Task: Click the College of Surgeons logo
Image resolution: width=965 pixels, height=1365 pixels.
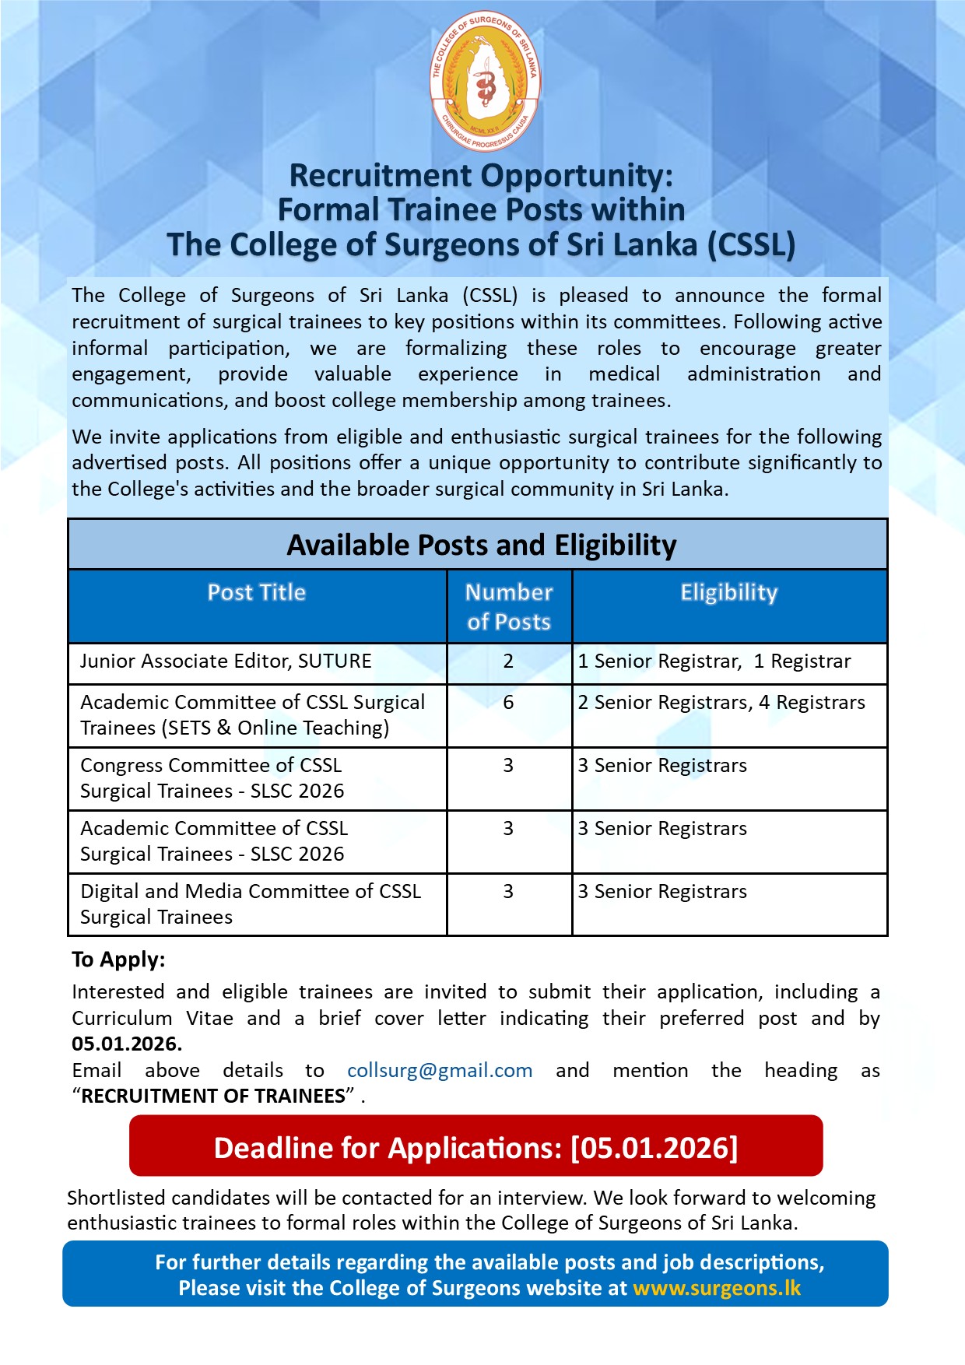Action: (x=485, y=81)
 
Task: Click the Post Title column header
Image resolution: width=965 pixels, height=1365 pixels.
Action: (x=257, y=593)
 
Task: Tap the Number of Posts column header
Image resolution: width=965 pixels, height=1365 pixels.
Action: (x=509, y=607)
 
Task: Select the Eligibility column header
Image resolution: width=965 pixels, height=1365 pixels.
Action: (x=729, y=593)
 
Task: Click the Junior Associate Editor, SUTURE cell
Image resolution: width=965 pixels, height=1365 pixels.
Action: (x=226, y=661)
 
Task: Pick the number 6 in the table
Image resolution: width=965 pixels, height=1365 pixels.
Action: (x=508, y=703)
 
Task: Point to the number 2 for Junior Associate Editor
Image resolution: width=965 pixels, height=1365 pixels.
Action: (x=508, y=661)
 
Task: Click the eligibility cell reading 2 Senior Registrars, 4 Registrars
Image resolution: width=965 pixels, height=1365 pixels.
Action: (x=721, y=703)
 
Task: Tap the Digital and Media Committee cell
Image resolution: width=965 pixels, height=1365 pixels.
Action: (x=251, y=904)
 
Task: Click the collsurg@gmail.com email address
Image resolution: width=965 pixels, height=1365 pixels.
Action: (x=440, y=1071)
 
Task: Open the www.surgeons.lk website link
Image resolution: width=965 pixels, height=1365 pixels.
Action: (x=717, y=1288)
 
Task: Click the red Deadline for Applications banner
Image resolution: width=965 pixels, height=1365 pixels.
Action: (x=475, y=1148)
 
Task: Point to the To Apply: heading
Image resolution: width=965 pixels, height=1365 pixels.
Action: (x=118, y=960)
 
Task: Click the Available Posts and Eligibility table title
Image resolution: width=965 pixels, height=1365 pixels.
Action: (x=482, y=546)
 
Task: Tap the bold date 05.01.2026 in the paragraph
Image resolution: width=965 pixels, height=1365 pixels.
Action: (x=127, y=1044)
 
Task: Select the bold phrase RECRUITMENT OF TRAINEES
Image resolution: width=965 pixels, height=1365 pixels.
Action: (x=213, y=1097)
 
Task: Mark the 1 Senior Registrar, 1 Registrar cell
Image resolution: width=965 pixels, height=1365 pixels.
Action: (x=714, y=661)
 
